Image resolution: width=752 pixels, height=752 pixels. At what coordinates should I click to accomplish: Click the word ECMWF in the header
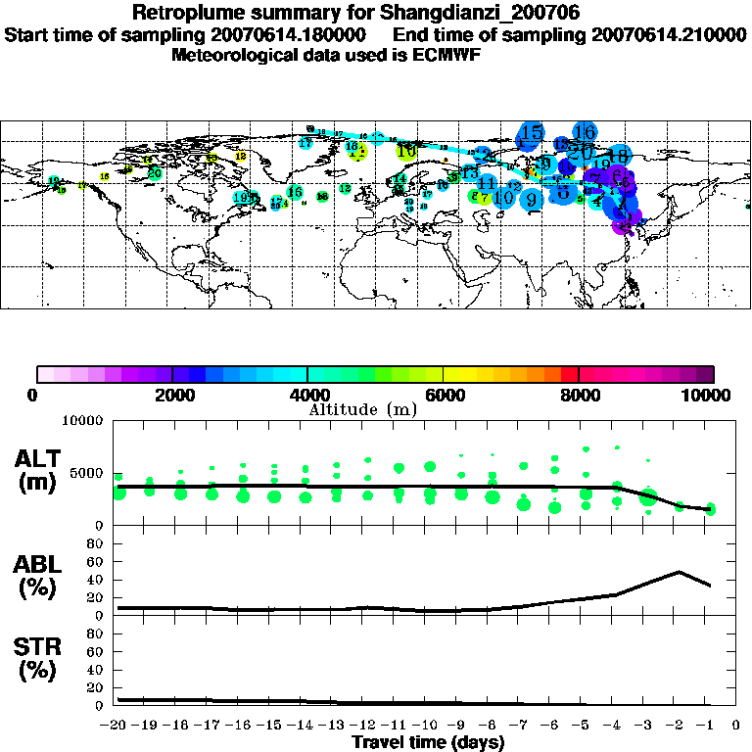446,55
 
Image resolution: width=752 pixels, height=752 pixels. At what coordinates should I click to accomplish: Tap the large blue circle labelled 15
532,132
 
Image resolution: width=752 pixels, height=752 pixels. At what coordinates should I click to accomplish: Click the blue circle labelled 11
487,182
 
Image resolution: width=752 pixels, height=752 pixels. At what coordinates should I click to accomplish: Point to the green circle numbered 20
154,174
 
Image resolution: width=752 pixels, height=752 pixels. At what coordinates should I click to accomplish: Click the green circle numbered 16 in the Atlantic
295,192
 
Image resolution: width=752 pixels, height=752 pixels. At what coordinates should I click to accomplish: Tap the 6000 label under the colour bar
444,396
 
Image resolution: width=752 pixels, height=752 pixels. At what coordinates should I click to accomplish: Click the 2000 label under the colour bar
172,396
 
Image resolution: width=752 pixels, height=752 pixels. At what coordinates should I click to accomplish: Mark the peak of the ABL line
679,572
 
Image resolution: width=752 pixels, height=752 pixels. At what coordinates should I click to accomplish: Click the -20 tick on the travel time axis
117,725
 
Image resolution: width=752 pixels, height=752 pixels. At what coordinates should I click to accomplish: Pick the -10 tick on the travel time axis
428,725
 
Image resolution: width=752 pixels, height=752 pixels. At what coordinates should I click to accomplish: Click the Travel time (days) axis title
428,742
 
